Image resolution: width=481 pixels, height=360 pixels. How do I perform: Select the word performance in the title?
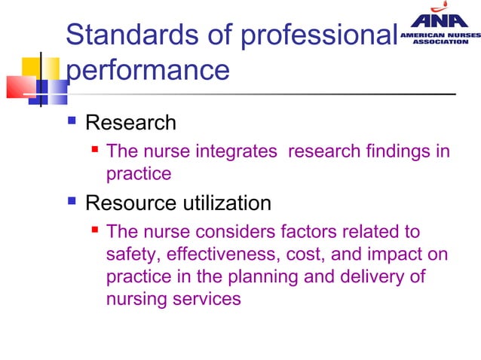coord(148,70)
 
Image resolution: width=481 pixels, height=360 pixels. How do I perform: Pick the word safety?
coord(131,255)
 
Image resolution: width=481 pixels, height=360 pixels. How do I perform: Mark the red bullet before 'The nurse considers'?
coord(96,230)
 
